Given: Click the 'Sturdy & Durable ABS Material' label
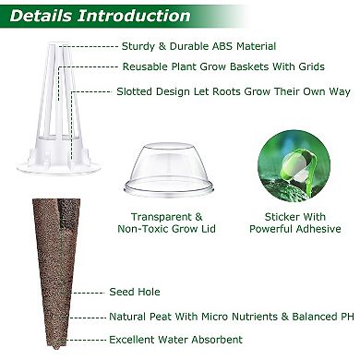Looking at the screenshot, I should point(198,45).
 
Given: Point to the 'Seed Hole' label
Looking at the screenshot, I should point(135,292).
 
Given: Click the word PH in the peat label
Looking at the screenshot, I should point(347,317).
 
